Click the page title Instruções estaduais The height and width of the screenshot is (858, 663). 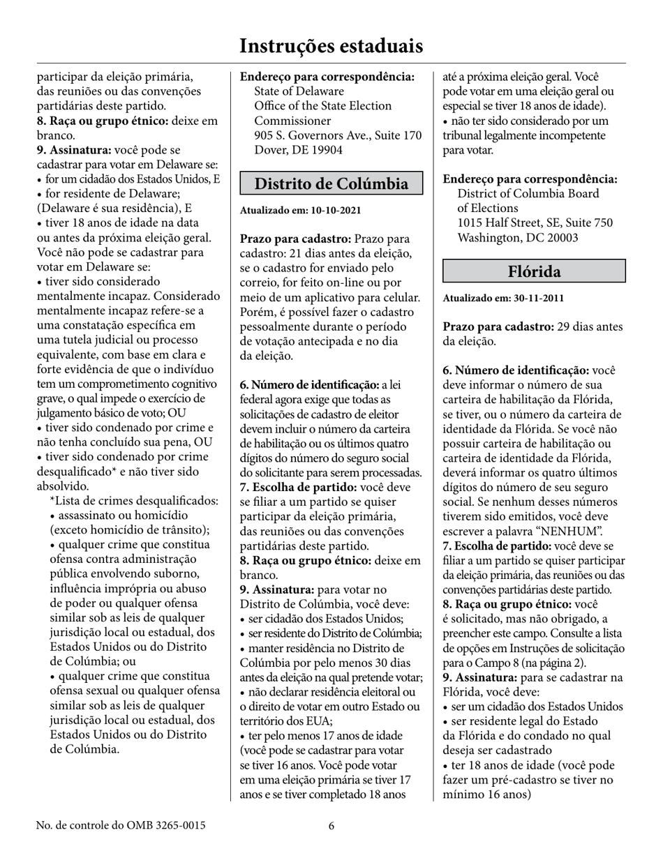331,46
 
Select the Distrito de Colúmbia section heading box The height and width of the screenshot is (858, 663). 331,183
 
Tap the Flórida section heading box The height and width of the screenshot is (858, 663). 534,271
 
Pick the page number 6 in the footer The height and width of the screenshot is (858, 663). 331,826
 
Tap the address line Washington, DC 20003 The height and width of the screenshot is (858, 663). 517,238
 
